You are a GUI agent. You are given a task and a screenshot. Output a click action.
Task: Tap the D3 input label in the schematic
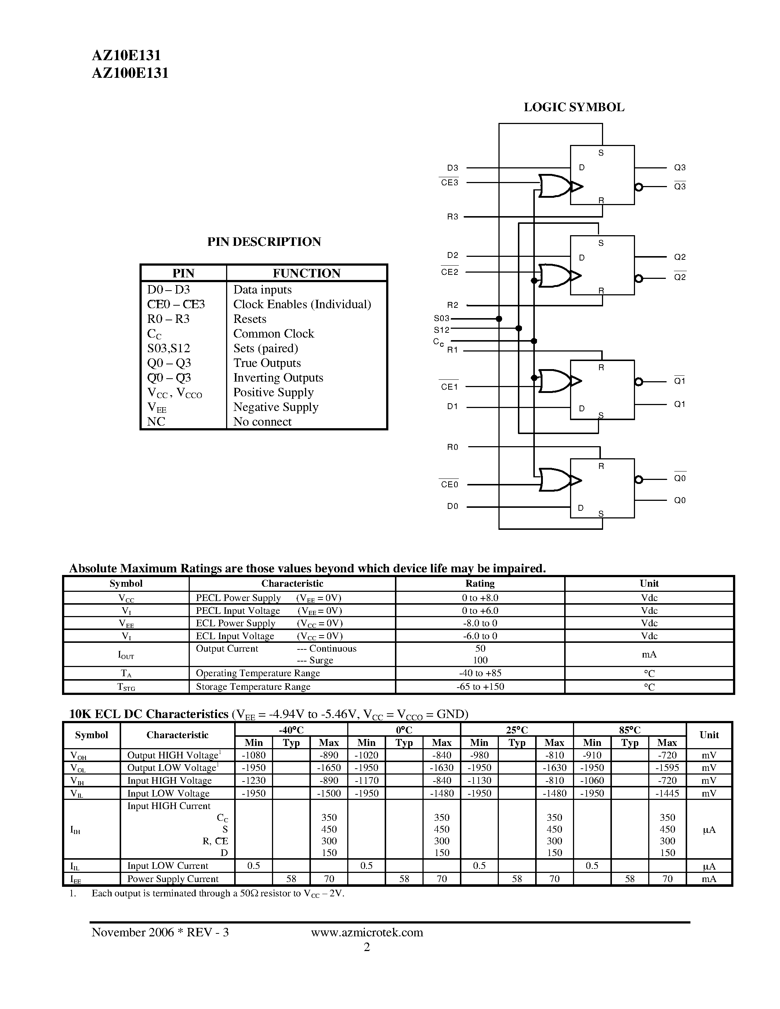[452, 168]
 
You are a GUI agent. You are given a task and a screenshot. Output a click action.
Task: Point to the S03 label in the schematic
[441, 318]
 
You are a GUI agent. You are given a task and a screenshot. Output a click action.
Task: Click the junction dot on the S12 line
[518, 328]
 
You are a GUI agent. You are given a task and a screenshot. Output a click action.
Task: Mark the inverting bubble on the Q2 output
[639, 278]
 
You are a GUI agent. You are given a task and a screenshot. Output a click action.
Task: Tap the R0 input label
[452, 447]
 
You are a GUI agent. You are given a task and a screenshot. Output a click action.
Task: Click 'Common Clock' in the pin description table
[273, 334]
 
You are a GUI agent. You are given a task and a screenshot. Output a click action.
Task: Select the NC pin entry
[156, 422]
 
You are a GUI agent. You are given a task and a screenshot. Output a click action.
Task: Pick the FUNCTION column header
[306, 273]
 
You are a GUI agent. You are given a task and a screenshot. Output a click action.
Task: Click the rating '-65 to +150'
[480, 686]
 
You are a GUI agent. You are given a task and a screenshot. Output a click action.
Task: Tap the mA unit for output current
[649, 654]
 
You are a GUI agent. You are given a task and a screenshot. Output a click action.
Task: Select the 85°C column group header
[630, 730]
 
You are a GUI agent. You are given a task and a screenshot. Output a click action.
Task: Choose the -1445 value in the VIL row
[667, 793]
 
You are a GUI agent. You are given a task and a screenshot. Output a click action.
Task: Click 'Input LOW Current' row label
[168, 866]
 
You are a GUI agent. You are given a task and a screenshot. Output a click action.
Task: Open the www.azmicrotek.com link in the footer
[367, 932]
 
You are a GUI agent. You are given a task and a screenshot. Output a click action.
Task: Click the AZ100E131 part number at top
[130, 73]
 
